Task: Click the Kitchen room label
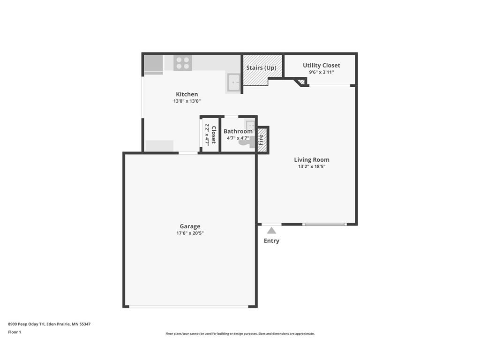[x=187, y=94]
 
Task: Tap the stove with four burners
[x=182, y=63]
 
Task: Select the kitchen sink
[x=233, y=83]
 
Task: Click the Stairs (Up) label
[x=261, y=67]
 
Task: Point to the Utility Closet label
[x=321, y=65]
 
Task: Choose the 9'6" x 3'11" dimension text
[x=321, y=72]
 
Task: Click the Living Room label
[x=312, y=160]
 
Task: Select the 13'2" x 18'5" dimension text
[x=312, y=166]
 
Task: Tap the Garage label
[x=190, y=226]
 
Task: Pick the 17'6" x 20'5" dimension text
[x=190, y=233]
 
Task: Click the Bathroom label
[x=238, y=131]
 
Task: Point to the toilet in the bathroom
[x=245, y=141]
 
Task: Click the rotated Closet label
[x=213, y=135]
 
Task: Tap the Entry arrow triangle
[x=271, y=230]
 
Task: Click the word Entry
[x=271, y=241]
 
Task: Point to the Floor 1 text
[x=15, y=332]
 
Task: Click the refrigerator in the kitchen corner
[x=153, y=65]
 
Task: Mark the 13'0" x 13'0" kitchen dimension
[x=187, y=101]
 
